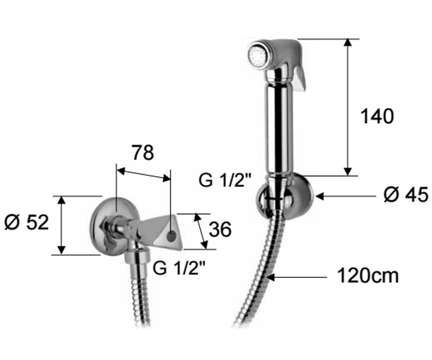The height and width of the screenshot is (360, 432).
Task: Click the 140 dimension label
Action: (377, 117)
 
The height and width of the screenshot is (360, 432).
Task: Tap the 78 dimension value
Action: (143, 153)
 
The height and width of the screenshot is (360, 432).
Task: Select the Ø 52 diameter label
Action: (27, 222)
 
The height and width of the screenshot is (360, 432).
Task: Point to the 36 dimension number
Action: (220, 229)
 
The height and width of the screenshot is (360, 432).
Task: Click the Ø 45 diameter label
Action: (406, 195)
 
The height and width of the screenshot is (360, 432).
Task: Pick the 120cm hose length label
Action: (368, 276)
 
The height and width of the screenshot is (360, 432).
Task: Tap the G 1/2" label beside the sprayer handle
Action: (225, 180)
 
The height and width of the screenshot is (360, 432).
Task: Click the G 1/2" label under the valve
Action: (179, 268)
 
